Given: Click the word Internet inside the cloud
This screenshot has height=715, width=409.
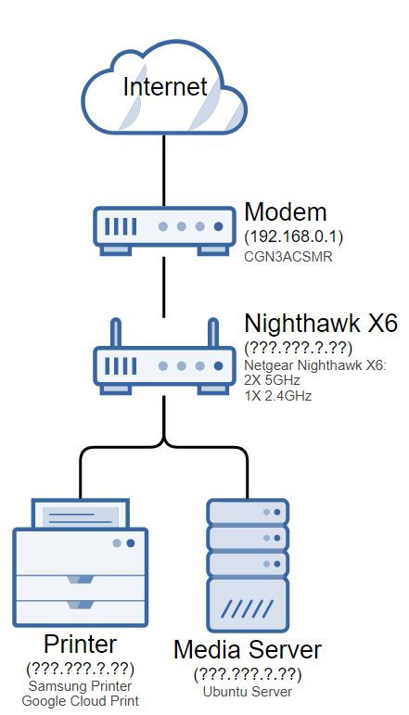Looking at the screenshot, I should [164, 87].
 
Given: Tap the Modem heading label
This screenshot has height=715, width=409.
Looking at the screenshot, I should [287, 210].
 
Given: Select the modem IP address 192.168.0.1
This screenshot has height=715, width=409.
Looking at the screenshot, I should [294, 236].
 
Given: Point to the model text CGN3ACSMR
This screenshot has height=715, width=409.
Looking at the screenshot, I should [288, 255].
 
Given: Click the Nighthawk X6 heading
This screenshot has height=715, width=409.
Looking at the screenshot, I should [320, 324].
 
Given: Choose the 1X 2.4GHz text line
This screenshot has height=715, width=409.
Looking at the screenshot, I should [278, 395].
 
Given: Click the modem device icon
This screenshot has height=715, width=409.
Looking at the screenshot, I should [164, 227].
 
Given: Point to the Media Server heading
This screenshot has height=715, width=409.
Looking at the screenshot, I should [248, 650].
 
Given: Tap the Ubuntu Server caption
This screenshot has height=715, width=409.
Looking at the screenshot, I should [247, 692].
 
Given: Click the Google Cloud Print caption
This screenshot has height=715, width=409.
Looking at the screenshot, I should [82, 701].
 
